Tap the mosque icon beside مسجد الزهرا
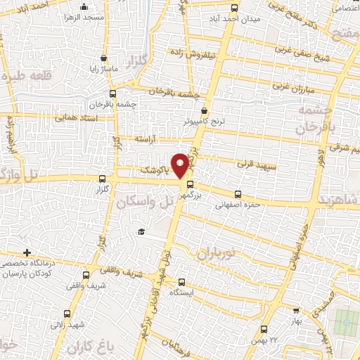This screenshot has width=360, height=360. [84, 7]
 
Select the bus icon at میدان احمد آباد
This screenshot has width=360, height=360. [235, 9]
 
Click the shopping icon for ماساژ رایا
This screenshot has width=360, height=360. [104, 58]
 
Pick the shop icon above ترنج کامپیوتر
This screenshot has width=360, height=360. [204, 110]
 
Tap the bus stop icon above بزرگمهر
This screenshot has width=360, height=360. [190, 185]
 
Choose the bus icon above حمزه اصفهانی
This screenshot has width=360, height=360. [237, 195]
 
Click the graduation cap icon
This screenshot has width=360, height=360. [141, 232]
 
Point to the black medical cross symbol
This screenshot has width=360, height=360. [27, 252]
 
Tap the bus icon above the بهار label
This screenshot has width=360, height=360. [296, 310]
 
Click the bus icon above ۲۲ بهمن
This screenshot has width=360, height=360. [264, 329]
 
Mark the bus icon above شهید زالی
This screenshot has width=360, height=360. [67, 314]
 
